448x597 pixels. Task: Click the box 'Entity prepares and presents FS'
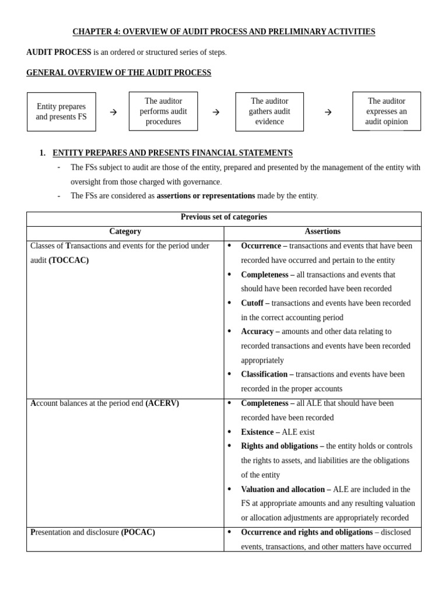click(61, 112)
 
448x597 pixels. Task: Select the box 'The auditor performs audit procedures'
click(163, 111)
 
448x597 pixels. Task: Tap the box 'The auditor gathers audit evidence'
click(269, 111)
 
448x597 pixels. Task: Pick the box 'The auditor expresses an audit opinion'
click(386, 111)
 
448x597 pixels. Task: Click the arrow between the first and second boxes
click(113, 112)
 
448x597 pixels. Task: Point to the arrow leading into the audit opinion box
click(328, 112)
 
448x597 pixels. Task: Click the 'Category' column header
click(125, 231)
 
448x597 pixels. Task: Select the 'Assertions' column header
click(323, 231)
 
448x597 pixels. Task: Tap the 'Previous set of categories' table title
click(223, 217)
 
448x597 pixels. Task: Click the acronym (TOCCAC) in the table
click(69, 261)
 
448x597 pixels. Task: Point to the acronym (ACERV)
click(162, 403)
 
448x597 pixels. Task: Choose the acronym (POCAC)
click(138, 532)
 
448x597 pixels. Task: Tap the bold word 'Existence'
click(257, 432)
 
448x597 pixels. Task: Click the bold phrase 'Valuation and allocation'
click(283, 489)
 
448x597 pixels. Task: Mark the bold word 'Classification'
click(264, 374)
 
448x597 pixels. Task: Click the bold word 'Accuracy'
click(257, 331)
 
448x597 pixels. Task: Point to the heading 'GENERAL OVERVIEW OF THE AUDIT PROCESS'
click(118, 73)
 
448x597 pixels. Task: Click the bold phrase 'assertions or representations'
click(206, 196)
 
